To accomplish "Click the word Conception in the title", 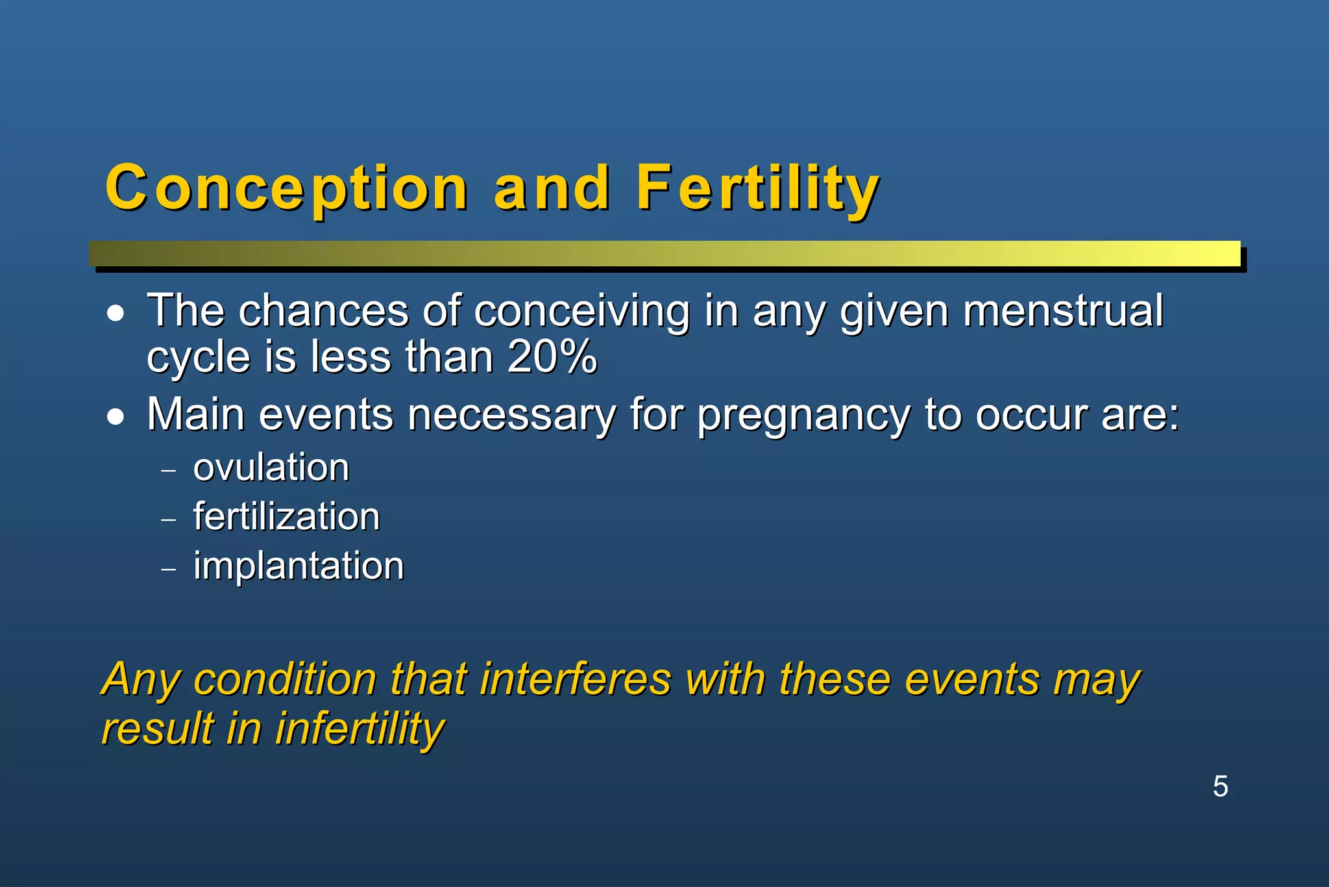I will tap(286, 188).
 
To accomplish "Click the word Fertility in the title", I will tap(757, 188).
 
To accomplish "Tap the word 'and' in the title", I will tap(552, 188).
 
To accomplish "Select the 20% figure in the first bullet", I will tap(552, 357).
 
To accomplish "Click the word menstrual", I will tap(1063, 310).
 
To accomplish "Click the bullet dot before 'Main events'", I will tap(116, 418).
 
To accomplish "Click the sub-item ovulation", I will tap(271, 468).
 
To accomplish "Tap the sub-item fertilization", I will tap(286, 517).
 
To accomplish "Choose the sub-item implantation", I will tap(299, 566).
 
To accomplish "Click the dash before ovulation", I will tap(169, 471).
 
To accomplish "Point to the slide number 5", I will tap(1220, 786).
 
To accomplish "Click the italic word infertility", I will tap(360, 729).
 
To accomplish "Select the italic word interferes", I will tap(575, 679).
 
